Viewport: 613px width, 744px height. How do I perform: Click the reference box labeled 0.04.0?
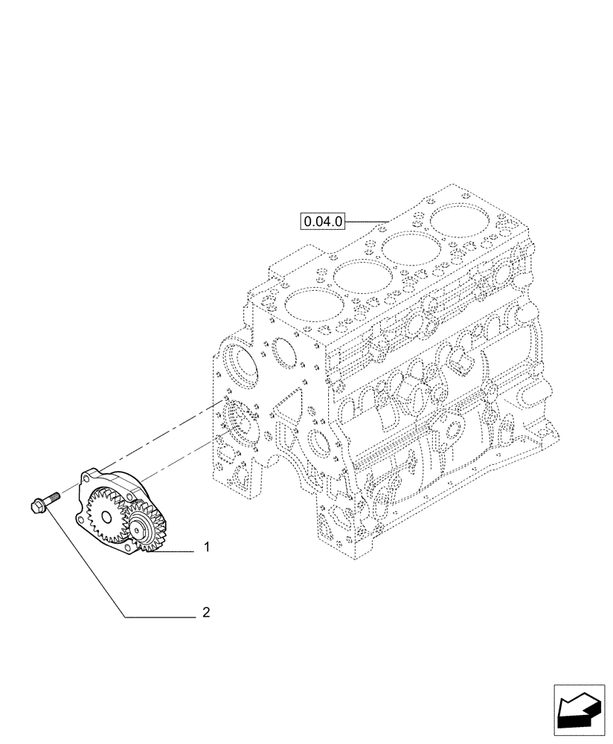pos(322,221)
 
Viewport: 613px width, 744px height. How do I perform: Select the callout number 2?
pos(206,613)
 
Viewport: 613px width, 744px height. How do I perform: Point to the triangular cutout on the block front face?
pos(286,406)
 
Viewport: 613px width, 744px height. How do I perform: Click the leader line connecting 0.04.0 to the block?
pos(367,221)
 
